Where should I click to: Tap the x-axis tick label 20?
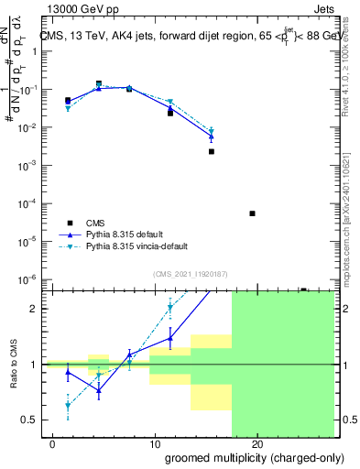(257, 444)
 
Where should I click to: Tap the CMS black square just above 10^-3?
(212, 151)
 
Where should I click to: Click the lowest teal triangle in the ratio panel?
(68, 405)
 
